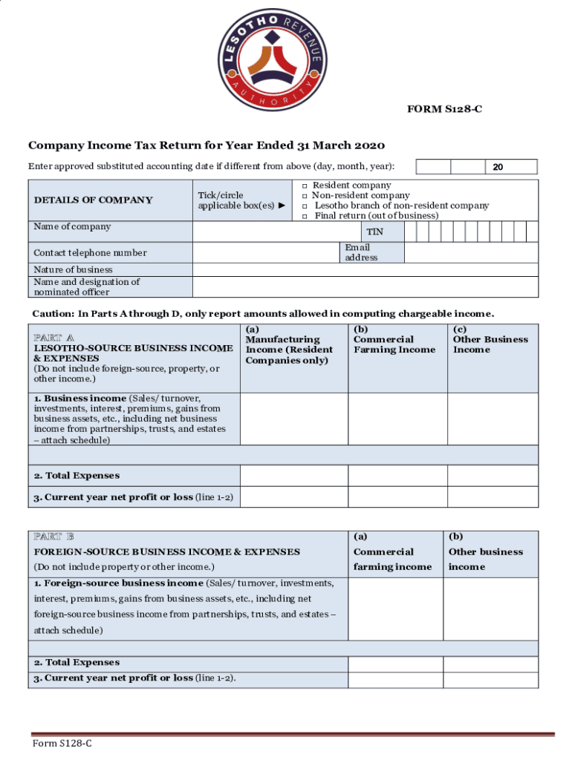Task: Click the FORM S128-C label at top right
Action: pos(443,110)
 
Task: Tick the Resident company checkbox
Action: pos(304,186)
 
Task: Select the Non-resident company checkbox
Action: pos(304,196)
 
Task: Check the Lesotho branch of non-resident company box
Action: pos(304,206)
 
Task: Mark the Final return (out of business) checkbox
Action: pos(304,216)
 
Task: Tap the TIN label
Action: pos(374,232)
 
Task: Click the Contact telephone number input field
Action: pos(266,252)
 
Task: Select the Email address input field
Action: pos(471,252)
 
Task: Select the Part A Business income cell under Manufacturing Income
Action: pos(293,419)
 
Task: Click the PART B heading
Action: pos(54,536)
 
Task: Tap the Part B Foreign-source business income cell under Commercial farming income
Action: pos(395,609)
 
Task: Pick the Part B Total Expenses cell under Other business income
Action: pos(490,664)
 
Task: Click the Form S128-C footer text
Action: pos(62,744)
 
